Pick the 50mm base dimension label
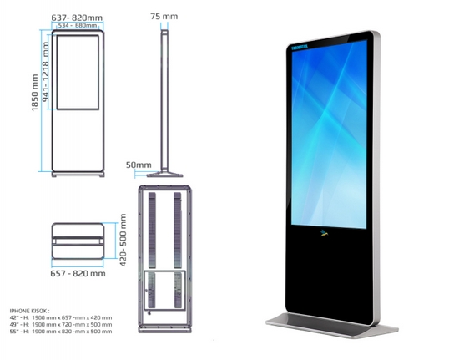(x=138, y=165)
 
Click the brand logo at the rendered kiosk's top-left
(x=299, y=47)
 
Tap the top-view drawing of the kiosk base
(x=78, y=241)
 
